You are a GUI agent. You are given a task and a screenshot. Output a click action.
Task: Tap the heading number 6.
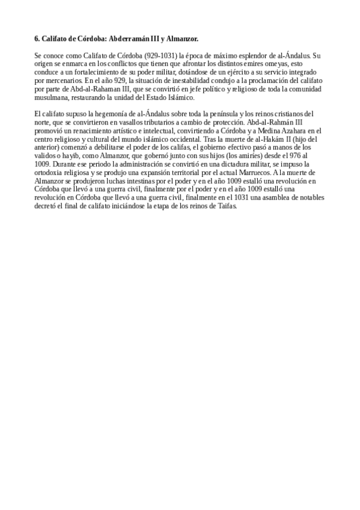tap(37, 38)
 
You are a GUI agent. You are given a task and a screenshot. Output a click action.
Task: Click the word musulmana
tap(53, 97)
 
